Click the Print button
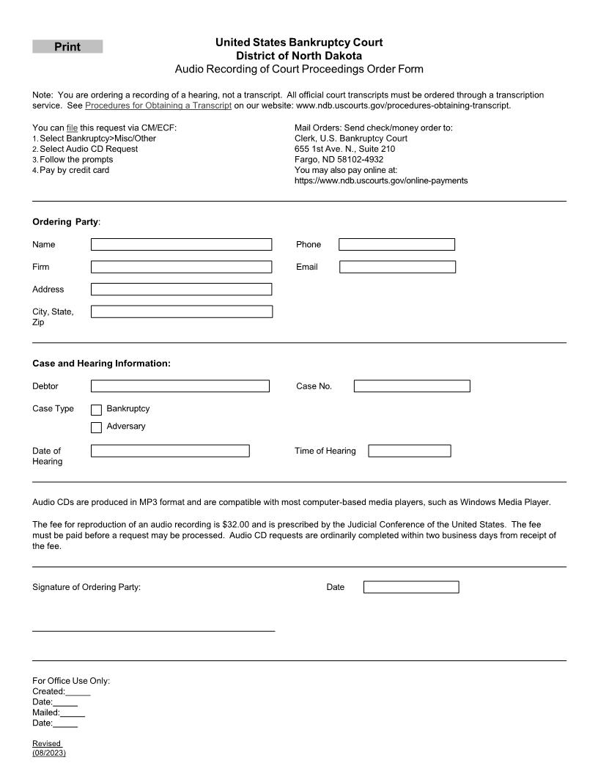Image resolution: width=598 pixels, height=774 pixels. coord(67,47)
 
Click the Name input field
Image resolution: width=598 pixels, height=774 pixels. coord(181,244)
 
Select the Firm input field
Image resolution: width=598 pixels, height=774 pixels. coord(181,267)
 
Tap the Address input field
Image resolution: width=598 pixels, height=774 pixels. coord(181,290)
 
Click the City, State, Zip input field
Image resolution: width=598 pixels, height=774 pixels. coord(181,312)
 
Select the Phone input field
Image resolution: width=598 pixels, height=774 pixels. coord(396,244)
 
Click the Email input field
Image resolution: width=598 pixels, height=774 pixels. coord(397,267)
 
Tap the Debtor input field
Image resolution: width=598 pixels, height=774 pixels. coord(180,386)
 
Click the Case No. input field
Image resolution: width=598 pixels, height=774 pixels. coord(412,386)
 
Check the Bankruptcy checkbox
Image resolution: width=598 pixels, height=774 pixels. coord(96,410)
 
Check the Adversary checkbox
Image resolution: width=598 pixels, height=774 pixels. coord(96,427)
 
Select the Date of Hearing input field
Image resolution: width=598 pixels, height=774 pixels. coord(170,451)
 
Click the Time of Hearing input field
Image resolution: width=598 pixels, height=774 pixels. coord(410,451)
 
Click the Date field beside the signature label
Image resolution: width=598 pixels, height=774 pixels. coord(411,587)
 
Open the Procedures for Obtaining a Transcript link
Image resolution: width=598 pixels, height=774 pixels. coord(158,106)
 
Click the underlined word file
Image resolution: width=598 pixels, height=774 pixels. coord(72,128)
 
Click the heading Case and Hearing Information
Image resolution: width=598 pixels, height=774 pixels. coord(101,364)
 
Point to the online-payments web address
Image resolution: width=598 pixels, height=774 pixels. coord(381,180)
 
